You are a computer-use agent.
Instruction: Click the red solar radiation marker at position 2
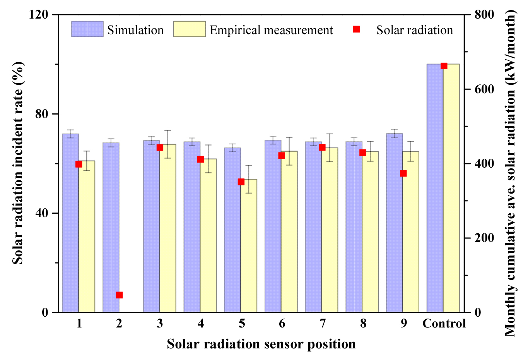click(x=119, y=295)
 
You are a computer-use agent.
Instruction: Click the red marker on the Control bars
click(x=444, y=66)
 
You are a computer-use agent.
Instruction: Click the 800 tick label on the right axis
click(x=484, y=14)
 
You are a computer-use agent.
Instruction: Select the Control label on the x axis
click(x=444, y=323)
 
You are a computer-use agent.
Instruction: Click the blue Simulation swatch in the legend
click(x=87, y=29)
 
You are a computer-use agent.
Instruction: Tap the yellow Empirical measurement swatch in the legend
click(x=190, y=29)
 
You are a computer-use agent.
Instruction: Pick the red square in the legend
click(x=357, y=29)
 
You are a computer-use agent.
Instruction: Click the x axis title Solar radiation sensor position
click(x=261, y=344)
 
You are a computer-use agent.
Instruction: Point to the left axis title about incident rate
click(x=18, y=163)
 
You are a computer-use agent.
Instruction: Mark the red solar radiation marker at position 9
click(x=403, y=173)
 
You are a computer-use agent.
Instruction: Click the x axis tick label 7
click(x=323, y=323)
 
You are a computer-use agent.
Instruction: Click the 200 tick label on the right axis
click(x=484, y=238)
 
